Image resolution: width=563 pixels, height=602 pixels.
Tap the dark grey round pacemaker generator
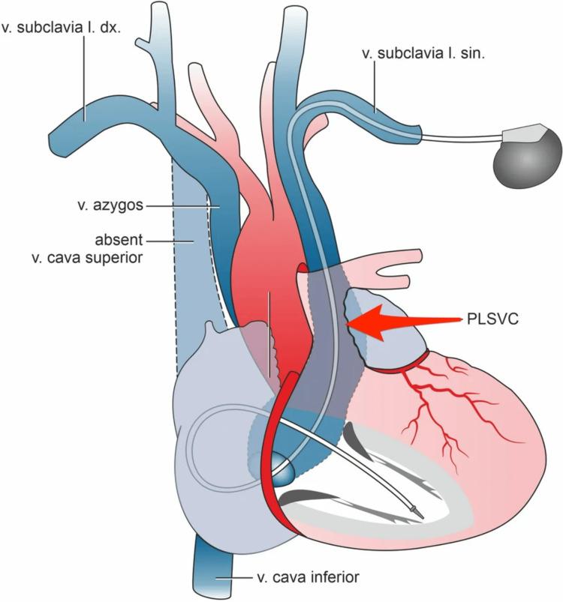coord(525,156)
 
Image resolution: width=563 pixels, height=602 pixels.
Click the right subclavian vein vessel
coord(90,120)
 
